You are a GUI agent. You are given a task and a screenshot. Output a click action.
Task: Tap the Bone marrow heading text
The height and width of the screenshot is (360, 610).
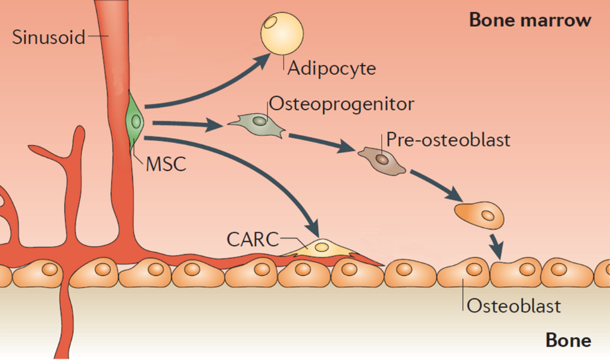pos(530,20)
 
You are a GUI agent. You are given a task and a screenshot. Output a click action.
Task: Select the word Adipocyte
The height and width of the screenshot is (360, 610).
pos(332,68)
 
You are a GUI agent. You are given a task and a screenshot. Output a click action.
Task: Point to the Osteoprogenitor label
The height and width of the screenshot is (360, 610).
pos(341,104)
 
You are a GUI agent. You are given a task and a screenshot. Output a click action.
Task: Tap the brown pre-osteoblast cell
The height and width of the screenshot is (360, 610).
pos(382,160)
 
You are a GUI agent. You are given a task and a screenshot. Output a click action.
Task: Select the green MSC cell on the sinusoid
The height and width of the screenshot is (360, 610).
pos(135,122)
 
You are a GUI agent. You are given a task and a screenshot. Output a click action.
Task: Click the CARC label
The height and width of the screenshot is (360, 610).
pos(253,240)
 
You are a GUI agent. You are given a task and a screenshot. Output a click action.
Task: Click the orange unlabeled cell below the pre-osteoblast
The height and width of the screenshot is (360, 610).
pos(480,213)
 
